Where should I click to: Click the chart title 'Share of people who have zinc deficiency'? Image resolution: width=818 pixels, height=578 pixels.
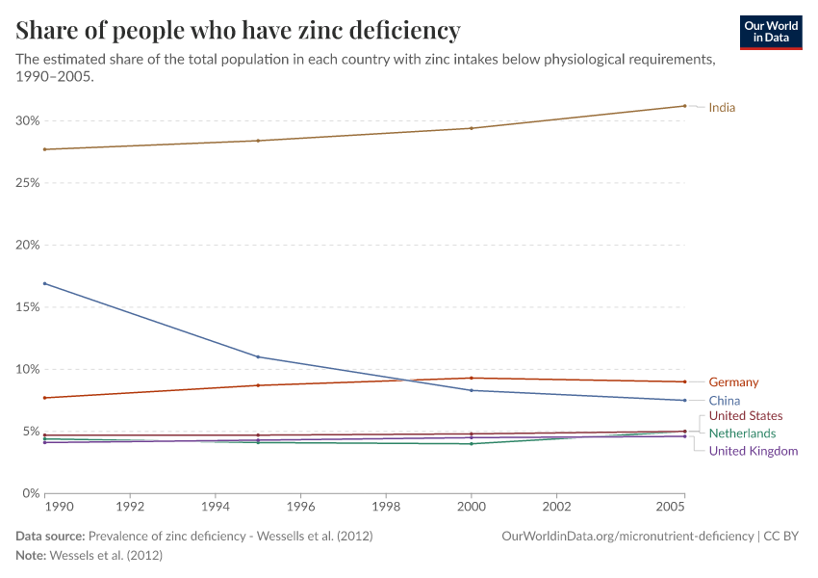pyautogui.click(x=238, y=31)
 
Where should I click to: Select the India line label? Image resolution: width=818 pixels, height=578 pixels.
pyautogui.click(x=722, y=107)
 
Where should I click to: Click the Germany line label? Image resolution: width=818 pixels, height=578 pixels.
pyautogui.click(x=733, y=382)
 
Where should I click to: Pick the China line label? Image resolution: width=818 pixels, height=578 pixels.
pyautogui.click(x=724, y=401)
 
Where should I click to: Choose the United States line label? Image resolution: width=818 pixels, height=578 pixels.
pyautogui.click(x=746, y=416)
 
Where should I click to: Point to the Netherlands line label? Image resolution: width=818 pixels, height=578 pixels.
pyautogui.click(x=742, y=433)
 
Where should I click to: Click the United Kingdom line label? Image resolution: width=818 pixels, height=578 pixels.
pyautogui.click(x=753, y=451)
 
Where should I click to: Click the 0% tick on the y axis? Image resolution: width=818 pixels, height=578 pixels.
pyautogui.click(x=30, y=493)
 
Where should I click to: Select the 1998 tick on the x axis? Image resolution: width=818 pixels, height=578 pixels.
pyautogui.click(x=386, y=506)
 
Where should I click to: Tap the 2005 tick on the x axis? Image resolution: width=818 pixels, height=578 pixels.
pyautogui.click(x=670, y=506)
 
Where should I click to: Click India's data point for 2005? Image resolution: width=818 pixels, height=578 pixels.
pyautogui.click(x=684, y=106)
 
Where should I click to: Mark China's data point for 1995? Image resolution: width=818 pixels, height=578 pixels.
pyautogui.click(x=258, y=356)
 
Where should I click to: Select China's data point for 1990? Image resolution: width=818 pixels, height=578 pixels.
pyautogui.click(x=44, y=283)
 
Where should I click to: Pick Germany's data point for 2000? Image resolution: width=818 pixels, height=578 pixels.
pyautogui.click(x=472, y=378)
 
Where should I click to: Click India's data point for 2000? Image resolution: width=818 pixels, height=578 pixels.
pyautogui.click(x=472, y=128)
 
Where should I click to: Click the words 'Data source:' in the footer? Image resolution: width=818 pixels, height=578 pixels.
pyautogui.click(x=50, y=536)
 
